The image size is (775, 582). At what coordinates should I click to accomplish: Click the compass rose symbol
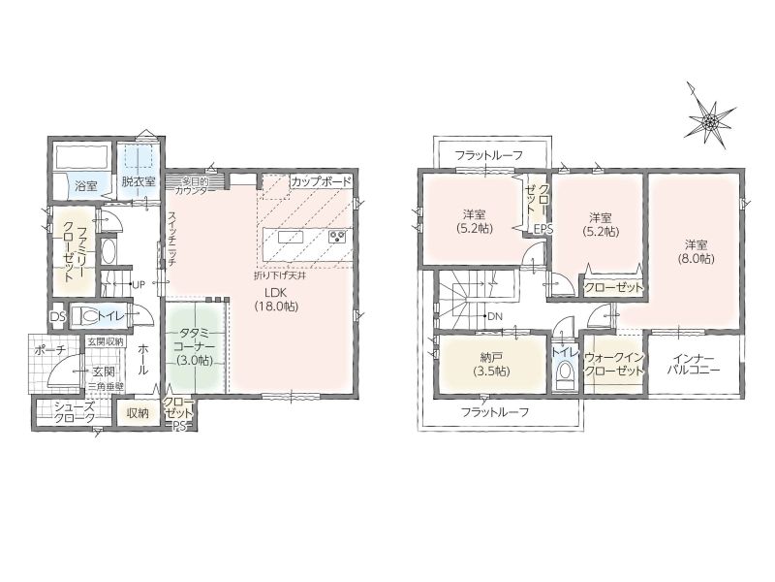pos(709,118)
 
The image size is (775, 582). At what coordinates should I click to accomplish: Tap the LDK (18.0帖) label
pos(276,299)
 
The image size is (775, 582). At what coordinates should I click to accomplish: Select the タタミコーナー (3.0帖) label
pos(197,346)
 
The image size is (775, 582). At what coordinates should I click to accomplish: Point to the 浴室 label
pos(86,186)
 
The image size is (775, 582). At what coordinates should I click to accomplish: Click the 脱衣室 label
pos(139,181)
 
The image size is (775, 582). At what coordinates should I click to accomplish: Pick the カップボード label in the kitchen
pos(322,181)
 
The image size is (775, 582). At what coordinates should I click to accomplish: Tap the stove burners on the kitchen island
pos(339,237)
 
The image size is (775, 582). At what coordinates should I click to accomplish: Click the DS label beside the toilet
pos(58,317)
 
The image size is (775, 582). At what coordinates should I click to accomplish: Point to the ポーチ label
pos(50,350)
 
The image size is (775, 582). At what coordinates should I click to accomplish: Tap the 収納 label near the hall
pos(138,413)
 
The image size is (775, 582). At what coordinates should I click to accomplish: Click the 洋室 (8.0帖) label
pos(696,251)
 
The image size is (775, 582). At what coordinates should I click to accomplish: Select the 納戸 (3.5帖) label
pos(491,365)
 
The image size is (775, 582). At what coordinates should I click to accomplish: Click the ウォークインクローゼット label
pos(614,364)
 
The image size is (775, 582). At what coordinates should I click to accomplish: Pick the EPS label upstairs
pos(543,230)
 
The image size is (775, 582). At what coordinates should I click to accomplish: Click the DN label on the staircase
pos(495,316)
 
